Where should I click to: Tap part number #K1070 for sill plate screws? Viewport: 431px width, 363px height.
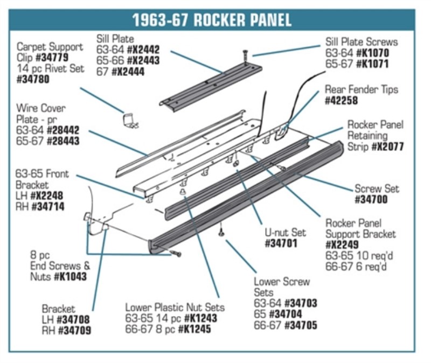(378, 53)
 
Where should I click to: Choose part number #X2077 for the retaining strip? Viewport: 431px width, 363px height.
(387, 146)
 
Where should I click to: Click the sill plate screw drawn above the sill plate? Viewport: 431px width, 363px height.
(246, 54)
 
